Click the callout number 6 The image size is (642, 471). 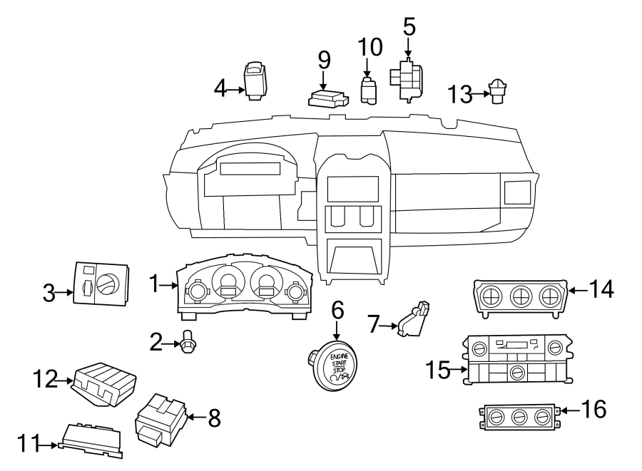(x=337, y=311)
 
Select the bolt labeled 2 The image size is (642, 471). (x=189, y=345)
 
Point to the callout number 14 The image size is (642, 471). (x=601, y=289)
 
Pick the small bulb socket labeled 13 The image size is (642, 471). (x=497, y=92)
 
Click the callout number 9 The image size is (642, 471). (x=324, y=59)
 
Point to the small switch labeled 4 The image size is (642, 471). (x=255, y=81)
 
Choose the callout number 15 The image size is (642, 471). (x=439, y=369)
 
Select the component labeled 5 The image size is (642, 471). (x=406, y=78)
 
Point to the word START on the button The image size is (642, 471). (x=338, y=363)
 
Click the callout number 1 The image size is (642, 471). (x=153, y=286)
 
